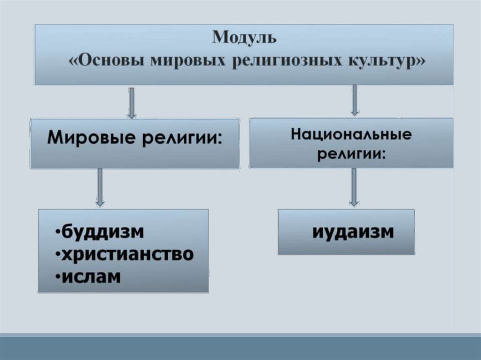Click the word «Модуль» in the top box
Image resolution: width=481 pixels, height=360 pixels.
[x=244, y=38]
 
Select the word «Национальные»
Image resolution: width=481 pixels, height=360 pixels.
[x=351, y=135]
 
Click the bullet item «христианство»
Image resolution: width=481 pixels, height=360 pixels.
[x=127, y=254]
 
